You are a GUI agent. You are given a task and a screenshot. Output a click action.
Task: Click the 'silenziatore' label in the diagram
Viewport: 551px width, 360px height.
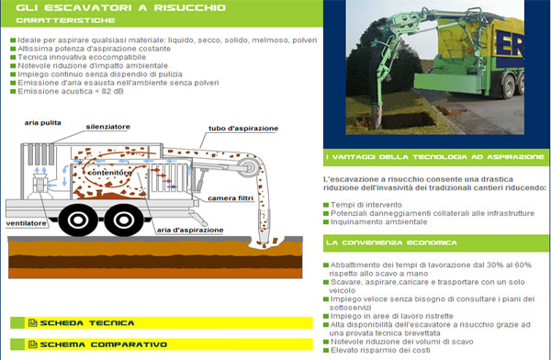tap(107, 127)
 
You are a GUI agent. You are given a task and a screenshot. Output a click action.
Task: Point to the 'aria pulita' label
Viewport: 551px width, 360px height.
tap(42, 123)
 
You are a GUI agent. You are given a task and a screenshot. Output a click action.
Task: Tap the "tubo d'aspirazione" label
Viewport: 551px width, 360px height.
tap(243, 129)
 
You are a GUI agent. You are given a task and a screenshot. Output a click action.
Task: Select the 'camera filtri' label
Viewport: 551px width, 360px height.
tap(231, 198)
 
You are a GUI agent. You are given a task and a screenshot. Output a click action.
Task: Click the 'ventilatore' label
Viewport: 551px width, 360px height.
tap(26, 223)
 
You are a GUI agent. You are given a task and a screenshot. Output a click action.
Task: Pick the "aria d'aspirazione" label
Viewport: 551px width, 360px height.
tap(190, 230)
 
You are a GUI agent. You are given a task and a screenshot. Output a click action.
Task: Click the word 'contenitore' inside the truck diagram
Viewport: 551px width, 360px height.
tap(109, 173)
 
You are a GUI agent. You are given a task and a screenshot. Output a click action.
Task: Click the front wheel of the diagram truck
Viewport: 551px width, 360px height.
tap(124, 220)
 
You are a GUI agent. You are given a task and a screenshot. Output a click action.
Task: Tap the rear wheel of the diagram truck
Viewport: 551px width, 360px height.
tap(78, 220)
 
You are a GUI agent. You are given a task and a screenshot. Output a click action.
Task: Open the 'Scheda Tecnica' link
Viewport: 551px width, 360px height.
tap(87, 323)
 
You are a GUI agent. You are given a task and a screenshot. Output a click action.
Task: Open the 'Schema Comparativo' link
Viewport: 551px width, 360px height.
tap(103, 344)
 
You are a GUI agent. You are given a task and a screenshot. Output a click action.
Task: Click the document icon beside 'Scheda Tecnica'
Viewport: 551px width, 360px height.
tap(33, 323)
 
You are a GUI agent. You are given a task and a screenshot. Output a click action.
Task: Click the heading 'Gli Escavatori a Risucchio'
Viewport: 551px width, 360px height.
tap(121, 7)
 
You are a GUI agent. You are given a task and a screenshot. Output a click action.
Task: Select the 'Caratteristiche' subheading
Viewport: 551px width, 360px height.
tap(65, 20)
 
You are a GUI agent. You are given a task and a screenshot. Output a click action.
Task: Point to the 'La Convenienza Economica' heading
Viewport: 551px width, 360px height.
tap(391, 243)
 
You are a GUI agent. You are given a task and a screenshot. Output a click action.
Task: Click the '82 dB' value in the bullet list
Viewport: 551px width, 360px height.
tap(112, 92)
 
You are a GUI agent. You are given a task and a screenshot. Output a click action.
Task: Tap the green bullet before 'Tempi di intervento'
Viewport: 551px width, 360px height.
tap(326, 205)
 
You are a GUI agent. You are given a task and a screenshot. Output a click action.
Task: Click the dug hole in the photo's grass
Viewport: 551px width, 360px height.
tap(409, 120)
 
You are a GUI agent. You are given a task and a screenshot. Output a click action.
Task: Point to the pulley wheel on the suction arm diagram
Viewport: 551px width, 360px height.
tap(249, 166)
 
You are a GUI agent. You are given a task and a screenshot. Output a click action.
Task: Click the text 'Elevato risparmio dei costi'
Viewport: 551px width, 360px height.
tap(380, 350)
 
